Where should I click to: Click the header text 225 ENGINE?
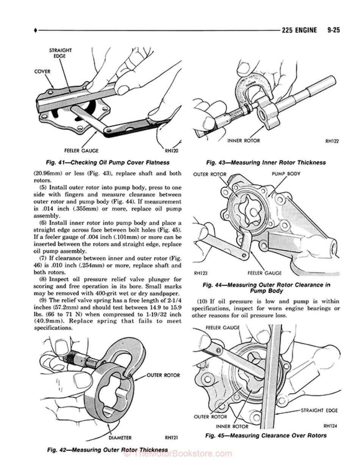click(x=299, y=30)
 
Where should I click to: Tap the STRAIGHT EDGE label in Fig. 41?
click(x=60, y=53)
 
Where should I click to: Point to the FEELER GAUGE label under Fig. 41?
click(x=81, y=150)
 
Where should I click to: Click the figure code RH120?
click(x=172, y=150)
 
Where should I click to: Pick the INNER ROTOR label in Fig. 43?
click(x=243, y=141)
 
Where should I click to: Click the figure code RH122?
click(x=332, y=141)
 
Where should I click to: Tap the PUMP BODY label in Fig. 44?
click(x=286, y=174)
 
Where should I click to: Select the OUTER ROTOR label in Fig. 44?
click(x=210, y=174)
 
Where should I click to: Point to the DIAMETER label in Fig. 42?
click(x=120, y=438)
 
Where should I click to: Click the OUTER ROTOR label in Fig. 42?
click(x=163, y=375)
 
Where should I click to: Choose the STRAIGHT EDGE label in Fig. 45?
click(x=319, y=410)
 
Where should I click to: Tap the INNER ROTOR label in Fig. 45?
click(x=232, y=426)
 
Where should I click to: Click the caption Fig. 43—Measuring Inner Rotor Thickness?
click(x=266, y=163)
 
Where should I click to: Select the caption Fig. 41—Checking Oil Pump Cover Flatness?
click(x=108, y=163)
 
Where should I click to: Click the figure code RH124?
click(x=330, y=426)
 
